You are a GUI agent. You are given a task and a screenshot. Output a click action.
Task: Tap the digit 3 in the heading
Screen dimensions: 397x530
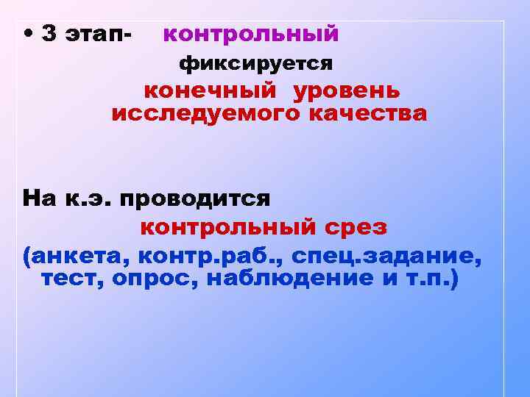(49, 34)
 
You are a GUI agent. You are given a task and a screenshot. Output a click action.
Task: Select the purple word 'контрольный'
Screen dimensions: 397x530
(250, 34)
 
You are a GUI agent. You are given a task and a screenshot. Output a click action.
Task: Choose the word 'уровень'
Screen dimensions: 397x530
(347, 91)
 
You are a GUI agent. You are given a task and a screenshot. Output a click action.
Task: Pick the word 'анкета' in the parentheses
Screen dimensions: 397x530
(77, 257)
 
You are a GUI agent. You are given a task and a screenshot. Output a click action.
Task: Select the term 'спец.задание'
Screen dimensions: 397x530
(387, 257)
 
